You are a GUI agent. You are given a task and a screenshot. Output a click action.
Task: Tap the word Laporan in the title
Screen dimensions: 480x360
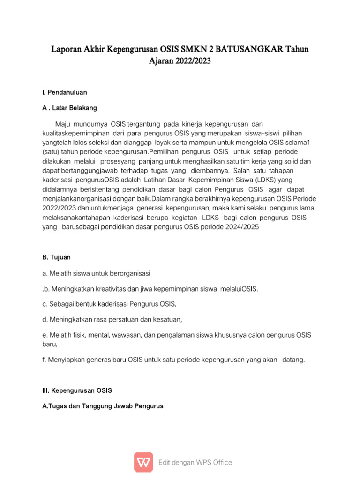coord(67,49)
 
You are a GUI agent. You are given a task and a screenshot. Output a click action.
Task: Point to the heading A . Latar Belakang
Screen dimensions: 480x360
coord(69,108)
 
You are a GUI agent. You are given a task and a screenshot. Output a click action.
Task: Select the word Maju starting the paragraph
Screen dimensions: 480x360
coord(65,124)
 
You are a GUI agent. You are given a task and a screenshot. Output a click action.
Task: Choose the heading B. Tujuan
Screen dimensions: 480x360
coord(56,257)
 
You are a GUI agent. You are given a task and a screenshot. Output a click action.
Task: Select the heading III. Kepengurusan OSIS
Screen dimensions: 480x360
coord(77,390)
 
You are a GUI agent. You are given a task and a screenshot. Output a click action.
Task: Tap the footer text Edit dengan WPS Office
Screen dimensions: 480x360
coord(195,462)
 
